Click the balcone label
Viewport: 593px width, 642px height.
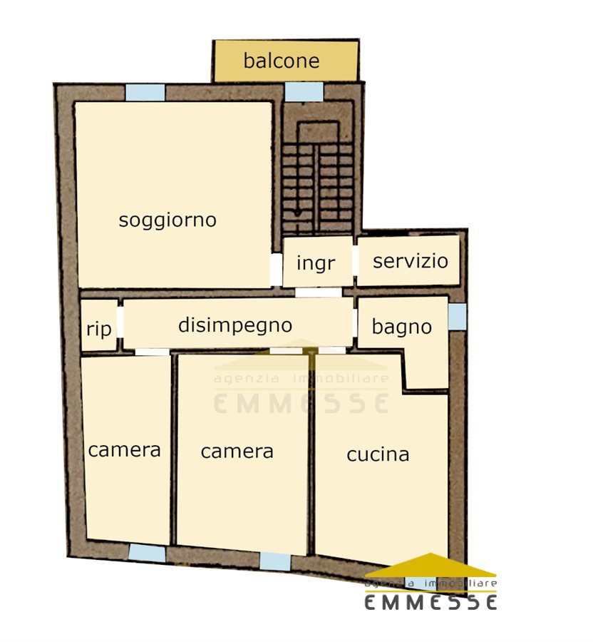[282, 61]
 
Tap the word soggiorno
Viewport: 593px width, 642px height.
[167, 220]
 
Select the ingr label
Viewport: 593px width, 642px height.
[316, 263]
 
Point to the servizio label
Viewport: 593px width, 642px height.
[411, 261]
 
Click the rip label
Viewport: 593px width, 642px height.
[99, 329]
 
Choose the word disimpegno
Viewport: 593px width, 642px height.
[235, 325]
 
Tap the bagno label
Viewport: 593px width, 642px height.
[401, 327]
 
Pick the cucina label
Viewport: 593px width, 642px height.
[378, 454]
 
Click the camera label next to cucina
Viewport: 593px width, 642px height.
[237, 452]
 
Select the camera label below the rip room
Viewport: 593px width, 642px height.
[124, 450]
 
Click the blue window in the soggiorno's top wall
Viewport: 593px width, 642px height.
[145, 93]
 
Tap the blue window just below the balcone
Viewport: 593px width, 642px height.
[304, 91]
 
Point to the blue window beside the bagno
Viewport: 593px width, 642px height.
[458, 317]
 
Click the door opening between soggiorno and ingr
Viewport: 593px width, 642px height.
[277, 270]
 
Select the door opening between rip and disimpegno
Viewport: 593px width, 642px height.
[120, 322]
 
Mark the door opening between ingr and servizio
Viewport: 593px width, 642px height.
[355, 261]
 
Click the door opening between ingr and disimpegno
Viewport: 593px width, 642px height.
[318, 292]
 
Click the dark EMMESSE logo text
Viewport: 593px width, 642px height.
[430, 602]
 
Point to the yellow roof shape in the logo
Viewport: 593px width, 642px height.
[430, 565]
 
